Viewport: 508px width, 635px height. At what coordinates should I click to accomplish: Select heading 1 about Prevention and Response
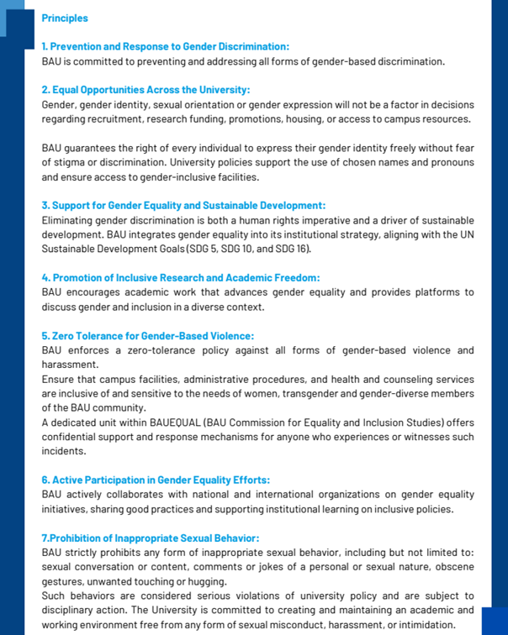165,46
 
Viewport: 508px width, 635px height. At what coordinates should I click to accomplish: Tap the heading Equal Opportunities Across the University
146,90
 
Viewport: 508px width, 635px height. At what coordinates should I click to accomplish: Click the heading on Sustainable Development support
183,205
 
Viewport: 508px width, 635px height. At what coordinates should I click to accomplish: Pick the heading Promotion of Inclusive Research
181,277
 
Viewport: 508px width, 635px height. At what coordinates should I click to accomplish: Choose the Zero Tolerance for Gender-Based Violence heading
147,336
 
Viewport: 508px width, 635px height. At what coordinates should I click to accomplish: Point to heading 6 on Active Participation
156,480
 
